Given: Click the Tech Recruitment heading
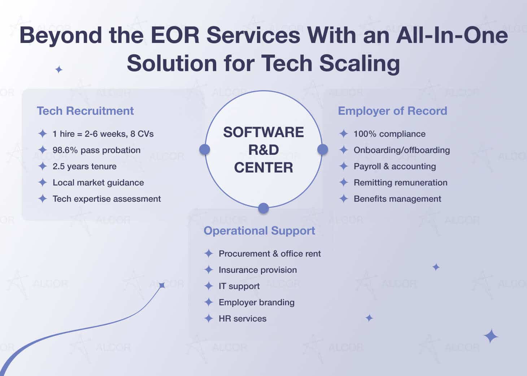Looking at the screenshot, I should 85,111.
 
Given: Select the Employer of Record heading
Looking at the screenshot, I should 392,111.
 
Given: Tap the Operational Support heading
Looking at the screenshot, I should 259,231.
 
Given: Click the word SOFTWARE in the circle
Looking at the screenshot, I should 263,132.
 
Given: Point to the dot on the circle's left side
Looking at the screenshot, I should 205,149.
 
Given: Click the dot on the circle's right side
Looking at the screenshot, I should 322,149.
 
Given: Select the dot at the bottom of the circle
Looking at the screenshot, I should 263,208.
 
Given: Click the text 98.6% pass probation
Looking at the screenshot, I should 96,150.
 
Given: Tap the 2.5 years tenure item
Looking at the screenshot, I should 84,166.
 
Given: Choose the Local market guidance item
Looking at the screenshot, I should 98,183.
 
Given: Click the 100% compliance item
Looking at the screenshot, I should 389,134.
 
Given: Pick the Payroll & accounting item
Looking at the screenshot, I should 395,166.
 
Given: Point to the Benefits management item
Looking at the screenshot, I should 397,199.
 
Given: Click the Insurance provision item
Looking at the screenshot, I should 258,270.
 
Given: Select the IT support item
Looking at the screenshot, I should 239,286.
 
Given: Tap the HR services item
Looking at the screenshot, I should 243,319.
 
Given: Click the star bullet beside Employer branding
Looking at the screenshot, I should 209,302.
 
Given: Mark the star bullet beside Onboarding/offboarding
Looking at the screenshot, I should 344,150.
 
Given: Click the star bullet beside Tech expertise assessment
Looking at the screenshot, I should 43,199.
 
